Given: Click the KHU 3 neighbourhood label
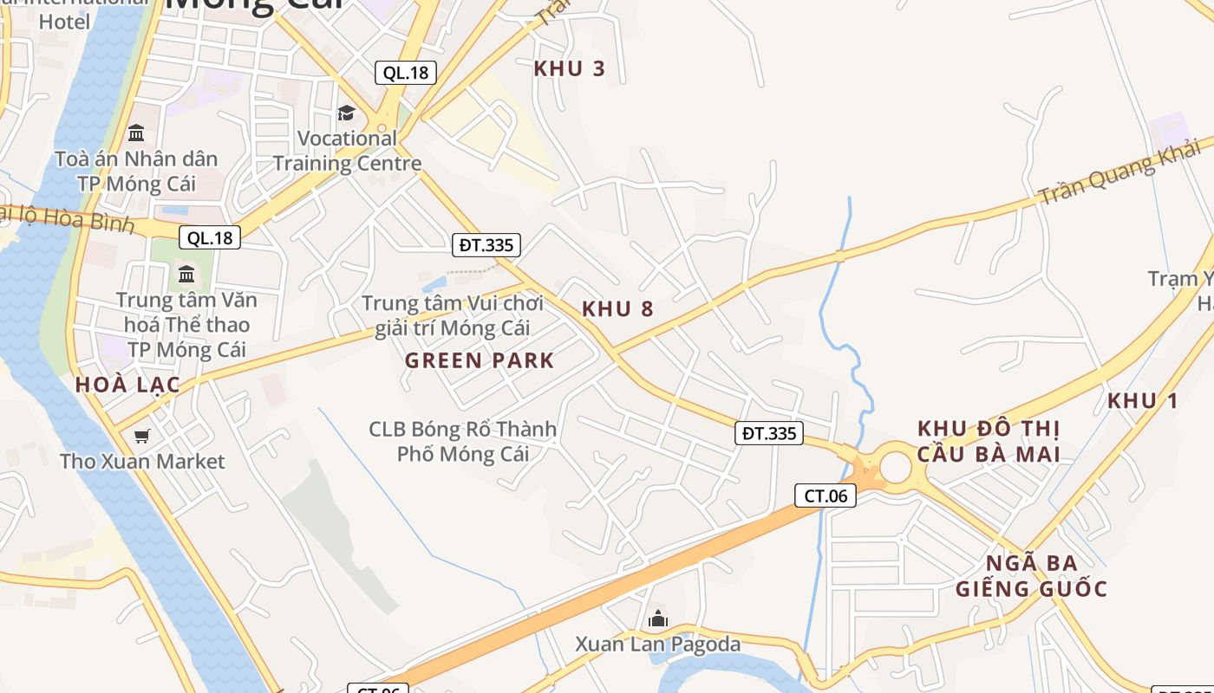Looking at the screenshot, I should coord(569,68).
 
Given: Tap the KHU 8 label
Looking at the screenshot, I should coord(617,308).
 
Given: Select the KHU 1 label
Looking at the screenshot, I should coord(1143,400).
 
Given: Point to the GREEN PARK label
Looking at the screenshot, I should coord(480,360).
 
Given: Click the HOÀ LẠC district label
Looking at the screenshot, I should coord(127,385).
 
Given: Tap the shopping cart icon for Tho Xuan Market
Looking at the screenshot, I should coord(141,436).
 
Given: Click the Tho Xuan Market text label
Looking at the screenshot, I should coord(142,461).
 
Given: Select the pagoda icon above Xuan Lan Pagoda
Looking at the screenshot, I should coord(658,619).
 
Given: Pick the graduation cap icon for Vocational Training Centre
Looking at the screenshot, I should coord(346,113).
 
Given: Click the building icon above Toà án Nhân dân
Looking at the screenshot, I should coord(136,133).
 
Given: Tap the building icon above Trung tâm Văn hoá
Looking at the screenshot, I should coord(186,275).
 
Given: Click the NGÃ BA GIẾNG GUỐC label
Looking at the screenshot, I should coord(1032,576).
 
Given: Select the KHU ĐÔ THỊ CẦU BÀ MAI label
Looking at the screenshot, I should coord(989,441).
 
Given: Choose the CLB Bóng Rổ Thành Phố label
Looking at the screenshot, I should coord(463,441).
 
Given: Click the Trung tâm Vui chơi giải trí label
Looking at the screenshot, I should coord(453,315).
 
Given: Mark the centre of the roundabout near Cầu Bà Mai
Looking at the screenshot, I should coord(895,467).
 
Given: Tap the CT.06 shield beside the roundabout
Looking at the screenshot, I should coord(826,495).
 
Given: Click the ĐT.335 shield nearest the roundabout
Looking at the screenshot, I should coord(769,433).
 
